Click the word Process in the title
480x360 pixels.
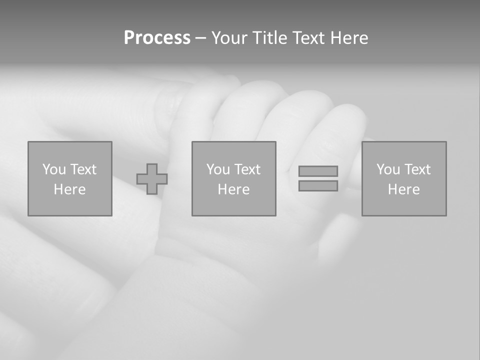(x=157, y=38)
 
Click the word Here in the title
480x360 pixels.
(x=349, y=38)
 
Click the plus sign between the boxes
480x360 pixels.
(x=152, y=179)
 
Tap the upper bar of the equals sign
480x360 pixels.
(x=318, y=171)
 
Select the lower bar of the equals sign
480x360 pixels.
(x=318, y=185)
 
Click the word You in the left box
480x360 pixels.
(x=54, y=169)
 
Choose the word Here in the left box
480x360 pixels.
(x=69, y=189)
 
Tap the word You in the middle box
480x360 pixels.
(x=218, y=169)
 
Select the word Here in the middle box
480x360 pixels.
(x=233, y=189)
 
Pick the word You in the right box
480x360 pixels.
(x=388, y=169)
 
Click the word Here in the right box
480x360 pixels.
(x=403, y=189)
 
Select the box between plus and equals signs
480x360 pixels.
(x=233, y=205)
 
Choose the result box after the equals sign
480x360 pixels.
(x=404, y=205)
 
